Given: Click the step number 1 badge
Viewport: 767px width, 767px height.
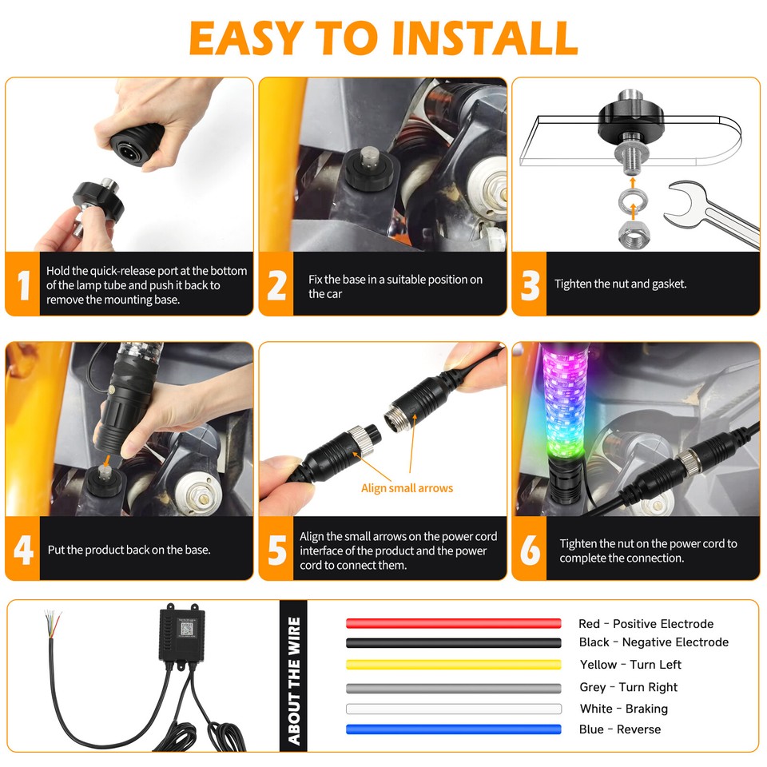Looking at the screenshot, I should coord(22,285).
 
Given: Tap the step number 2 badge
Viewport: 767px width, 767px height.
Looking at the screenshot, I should coord(276,285).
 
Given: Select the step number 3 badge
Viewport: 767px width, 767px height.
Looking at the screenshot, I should coord(530,285).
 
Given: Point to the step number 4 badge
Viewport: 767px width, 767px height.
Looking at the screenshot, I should coord(22,550).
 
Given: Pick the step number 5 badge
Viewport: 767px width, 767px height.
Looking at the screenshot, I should coord(276,550).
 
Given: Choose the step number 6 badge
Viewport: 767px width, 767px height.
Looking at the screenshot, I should coord(530,550).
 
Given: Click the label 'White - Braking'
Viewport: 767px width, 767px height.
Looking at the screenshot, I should coord(623,709).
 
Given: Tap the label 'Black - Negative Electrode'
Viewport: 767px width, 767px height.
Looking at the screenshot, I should coord(654,642).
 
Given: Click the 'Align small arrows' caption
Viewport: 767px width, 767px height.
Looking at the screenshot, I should coord(407,488).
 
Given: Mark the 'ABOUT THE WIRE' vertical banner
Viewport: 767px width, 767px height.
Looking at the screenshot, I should coord(293,675).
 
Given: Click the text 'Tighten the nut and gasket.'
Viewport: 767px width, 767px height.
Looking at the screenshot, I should coord(620,284).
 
